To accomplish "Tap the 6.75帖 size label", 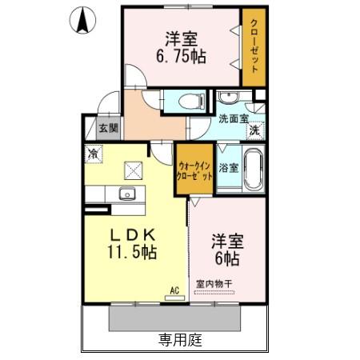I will [x=182, y=57].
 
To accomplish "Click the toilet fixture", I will [x=190, y=102].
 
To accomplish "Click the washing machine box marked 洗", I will [x=254, y=130].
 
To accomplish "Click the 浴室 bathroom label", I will [x=229, y=168].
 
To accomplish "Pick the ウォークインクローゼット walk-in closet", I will [x=194, y=170].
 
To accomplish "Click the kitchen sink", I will [x=126, y=194].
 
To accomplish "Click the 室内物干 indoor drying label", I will [x=215, y=282].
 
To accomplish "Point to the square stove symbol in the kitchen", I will [x=131, y=169].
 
